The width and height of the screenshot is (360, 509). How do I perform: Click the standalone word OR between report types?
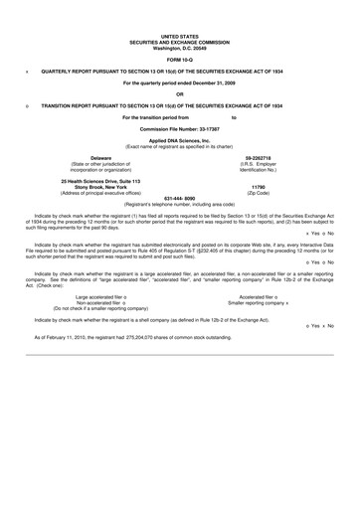[180, 93]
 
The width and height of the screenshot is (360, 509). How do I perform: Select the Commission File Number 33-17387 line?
[180, 131]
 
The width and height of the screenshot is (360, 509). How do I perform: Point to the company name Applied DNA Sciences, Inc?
[180, 142]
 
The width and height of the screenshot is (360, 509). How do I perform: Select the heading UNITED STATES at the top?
[180, 37]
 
